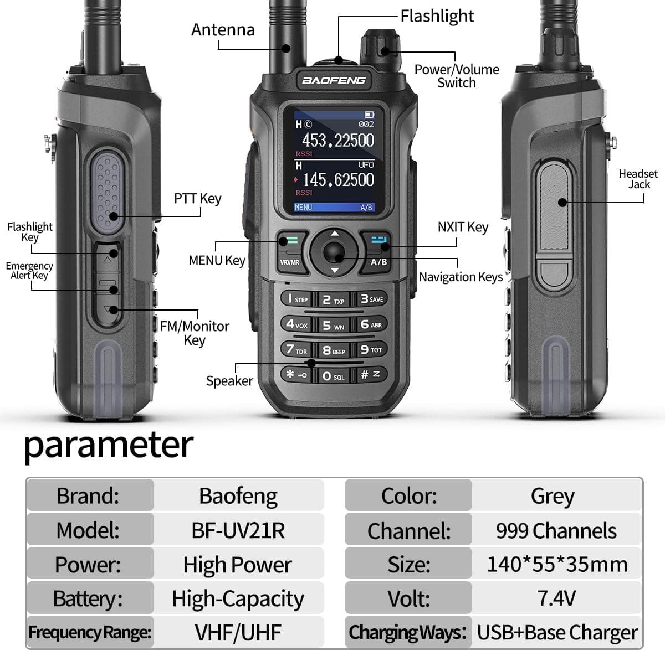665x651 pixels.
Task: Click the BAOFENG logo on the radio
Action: pyautogui.click(x=334, y=81)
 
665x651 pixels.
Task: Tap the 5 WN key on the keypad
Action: pyautogui.click(x=334, y=326)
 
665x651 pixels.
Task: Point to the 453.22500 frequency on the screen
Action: pyautogui.click(x=338, y=141)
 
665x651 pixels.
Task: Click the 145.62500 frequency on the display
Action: pyautogui.click(x=339, y=180)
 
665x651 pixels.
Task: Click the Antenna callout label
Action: pyautogui.click(x=223, y=30)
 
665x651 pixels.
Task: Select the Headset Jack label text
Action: pyautogui.click(x=638, y=179)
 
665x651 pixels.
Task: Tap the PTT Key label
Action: pyautogui.click(x=197, y=198)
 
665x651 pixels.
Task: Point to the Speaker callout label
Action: pyautogui.click(x=229, y=381)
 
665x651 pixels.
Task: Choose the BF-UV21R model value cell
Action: pyautogui.click(x=238, y=530)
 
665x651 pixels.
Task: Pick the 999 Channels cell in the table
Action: pyautogui.click(x=556, y=531)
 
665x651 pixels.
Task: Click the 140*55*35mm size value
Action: pyautogui.click(x=557, y=565)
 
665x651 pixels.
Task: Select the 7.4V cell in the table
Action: pyautogui.click(x=556, y=598)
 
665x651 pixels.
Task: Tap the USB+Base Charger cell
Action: pyautogui.click(x=557, y=632)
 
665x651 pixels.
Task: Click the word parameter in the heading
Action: pyautogui.click(x=109, y=445)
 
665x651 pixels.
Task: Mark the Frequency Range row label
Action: pyautogui.click(x=90, y=632)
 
